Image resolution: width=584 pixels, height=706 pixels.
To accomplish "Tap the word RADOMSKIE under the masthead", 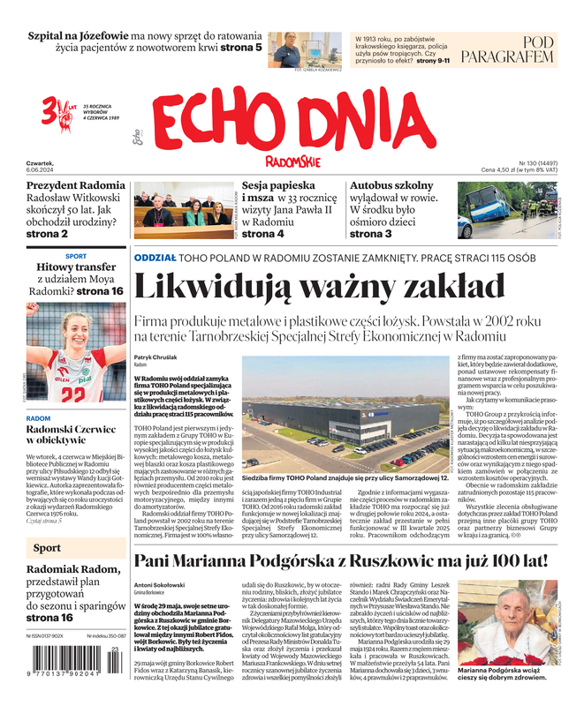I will pyautogui.click(x=292, y=161).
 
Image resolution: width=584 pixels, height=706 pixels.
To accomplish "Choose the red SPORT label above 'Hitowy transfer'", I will pyautogui.click(x=76, y=255).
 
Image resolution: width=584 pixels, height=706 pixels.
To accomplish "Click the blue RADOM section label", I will pyautogui.click(x=38, y=417).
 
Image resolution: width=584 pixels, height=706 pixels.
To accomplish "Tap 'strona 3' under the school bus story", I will pyautogui.click(x=371, y=234).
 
